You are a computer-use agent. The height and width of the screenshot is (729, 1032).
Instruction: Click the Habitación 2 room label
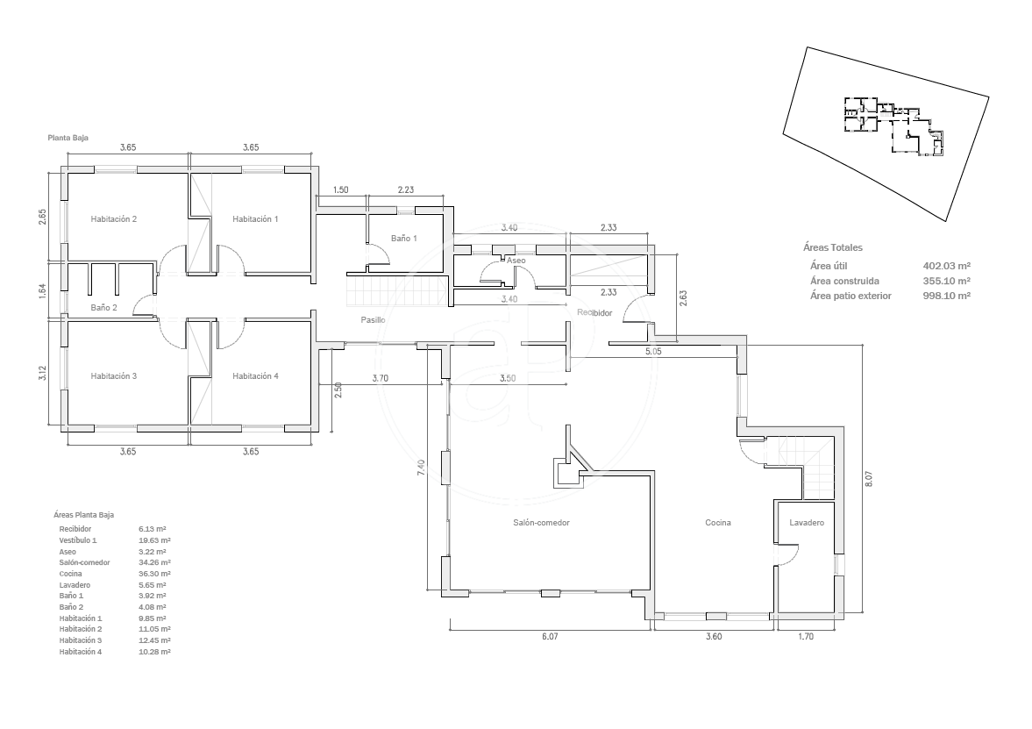click(114, 219)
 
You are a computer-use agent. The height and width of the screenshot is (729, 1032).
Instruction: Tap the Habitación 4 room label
click(255, 376)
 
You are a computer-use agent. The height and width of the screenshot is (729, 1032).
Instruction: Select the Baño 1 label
click(404, 239)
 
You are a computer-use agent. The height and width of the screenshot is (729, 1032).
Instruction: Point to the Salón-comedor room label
click(542, 523)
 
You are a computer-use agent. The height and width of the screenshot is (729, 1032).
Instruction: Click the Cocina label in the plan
click(718, 523)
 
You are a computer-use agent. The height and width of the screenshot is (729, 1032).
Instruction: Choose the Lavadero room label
click(807, 523)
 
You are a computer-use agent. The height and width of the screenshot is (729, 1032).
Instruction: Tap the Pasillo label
click(374, 320)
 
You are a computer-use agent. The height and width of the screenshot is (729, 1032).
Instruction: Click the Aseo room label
click(516, 261)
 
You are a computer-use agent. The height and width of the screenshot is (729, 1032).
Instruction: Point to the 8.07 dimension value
click(869, 478)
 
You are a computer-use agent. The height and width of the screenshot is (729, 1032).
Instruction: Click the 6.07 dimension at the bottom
click(551, 637)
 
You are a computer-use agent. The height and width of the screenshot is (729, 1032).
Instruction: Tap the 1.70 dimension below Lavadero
click(806, 637)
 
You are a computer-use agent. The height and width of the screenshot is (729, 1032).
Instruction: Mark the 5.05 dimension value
click(653, 352)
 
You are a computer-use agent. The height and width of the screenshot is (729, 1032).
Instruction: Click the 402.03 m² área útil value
click(947, 266)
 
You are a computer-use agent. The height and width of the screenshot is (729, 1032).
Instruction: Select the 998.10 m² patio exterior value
click(947, 296)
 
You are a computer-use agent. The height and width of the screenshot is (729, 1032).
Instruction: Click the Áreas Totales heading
click(833, 247)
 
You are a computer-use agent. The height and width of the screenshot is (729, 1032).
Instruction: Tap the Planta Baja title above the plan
click(68, 139)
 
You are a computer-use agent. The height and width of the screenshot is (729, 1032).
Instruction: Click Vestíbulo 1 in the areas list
click(78, 540)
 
